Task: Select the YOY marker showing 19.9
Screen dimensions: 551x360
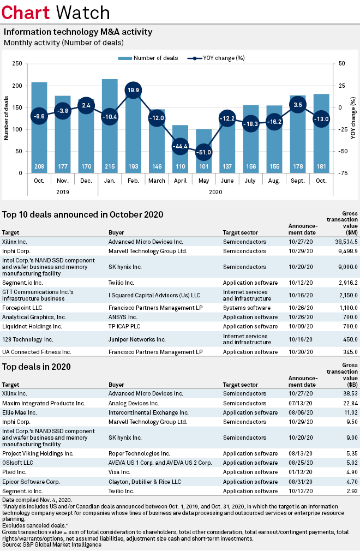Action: pos(134,90)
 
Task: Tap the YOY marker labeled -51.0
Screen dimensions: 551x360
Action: pos(203,152)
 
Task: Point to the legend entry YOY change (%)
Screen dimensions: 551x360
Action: pos(221,58)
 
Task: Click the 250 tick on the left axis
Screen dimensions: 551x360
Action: pos(16,64)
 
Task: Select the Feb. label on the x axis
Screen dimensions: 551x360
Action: pos(134,181)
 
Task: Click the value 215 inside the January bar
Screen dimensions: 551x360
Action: pos(110,166)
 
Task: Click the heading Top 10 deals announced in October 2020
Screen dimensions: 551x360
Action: pos(82,214)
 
